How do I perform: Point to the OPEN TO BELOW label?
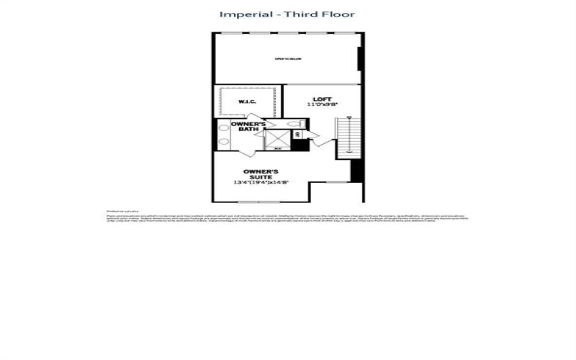point(287,58)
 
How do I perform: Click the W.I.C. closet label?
point(247,102)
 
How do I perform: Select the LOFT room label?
point(321,99)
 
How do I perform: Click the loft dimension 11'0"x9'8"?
point(321,106)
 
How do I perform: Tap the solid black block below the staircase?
point(356,171)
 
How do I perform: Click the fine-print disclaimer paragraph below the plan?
point(287,216)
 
